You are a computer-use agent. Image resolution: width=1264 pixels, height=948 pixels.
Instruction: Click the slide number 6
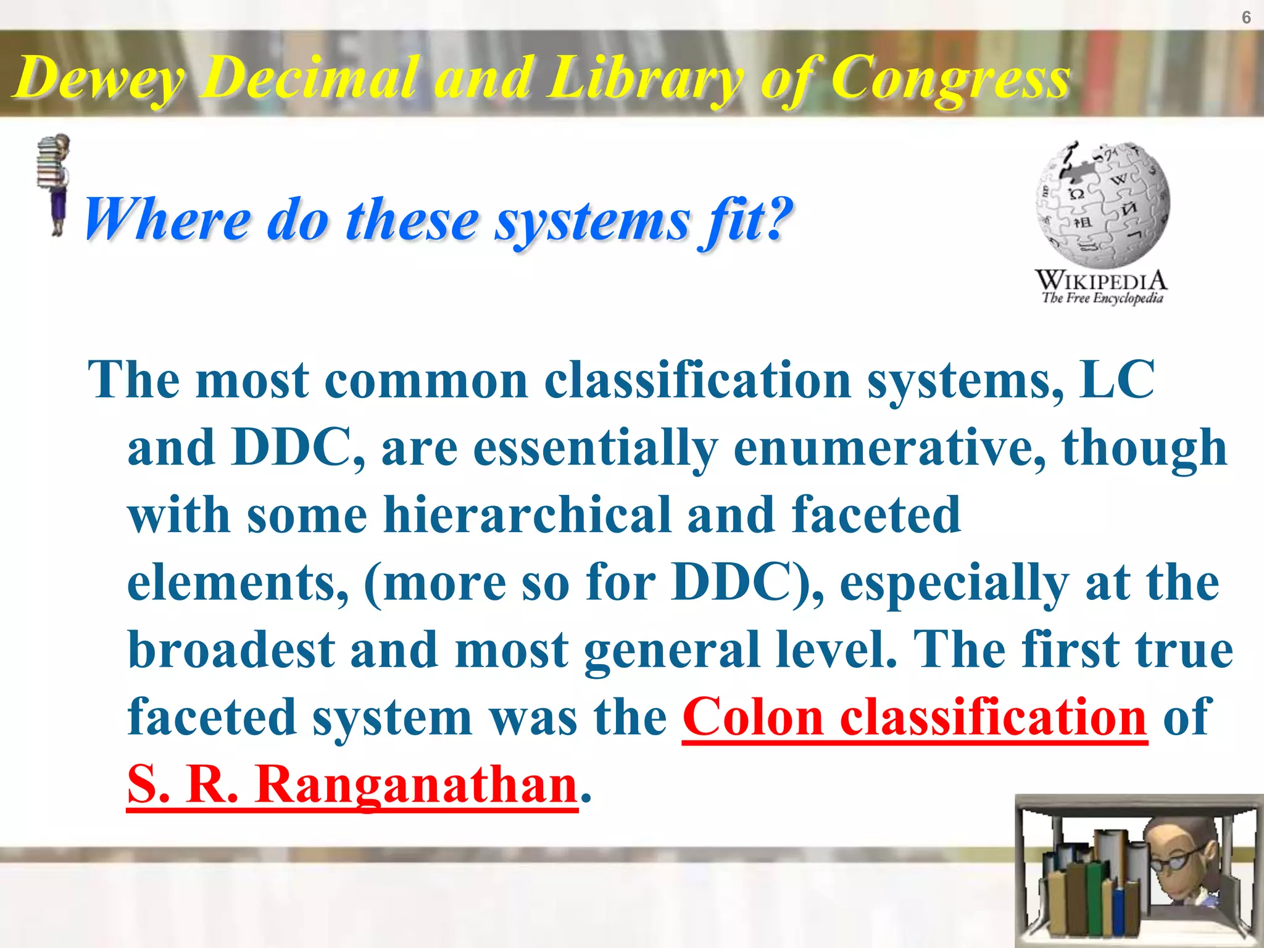1246,18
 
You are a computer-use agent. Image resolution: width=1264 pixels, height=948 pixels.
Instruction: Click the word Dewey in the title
99,79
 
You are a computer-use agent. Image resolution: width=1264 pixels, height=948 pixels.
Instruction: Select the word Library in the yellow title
645,79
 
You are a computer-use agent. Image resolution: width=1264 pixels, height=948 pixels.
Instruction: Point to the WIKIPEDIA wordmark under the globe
1101,281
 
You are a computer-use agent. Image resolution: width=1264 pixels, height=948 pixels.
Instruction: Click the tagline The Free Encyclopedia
1102,299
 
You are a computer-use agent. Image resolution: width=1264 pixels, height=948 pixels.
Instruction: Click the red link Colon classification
915,718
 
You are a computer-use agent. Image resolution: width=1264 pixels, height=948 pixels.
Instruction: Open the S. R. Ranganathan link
352,785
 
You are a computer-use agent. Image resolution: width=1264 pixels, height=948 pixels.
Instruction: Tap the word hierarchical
527,515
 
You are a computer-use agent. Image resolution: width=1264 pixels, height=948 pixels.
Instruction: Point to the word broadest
231,650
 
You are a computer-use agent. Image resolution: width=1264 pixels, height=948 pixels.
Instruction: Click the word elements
237,583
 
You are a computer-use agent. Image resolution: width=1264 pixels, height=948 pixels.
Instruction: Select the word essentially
596,448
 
